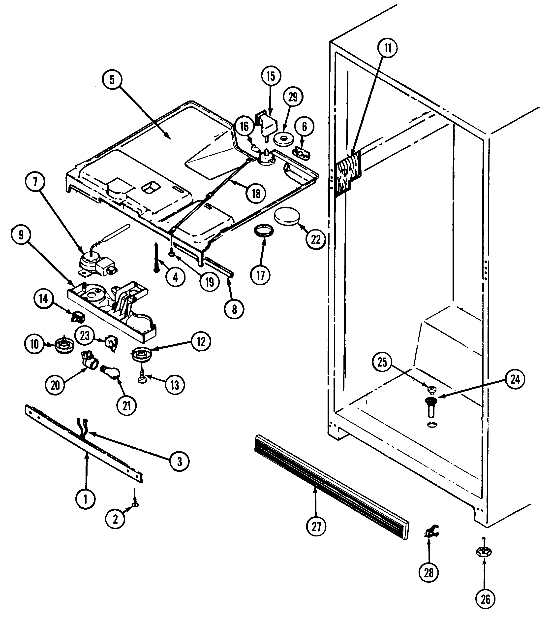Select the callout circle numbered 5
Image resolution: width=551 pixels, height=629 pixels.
click(112, 80)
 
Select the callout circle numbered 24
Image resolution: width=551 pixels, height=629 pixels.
click(515, 379)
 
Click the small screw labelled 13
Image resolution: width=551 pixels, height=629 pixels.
click(142, 377)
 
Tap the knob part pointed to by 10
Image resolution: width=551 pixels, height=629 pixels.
click(64, 345)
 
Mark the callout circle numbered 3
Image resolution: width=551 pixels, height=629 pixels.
click(179, 461)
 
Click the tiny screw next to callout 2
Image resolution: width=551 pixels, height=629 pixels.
click(135, 505)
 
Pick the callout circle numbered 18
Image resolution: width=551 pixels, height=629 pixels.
click(256, 194)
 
